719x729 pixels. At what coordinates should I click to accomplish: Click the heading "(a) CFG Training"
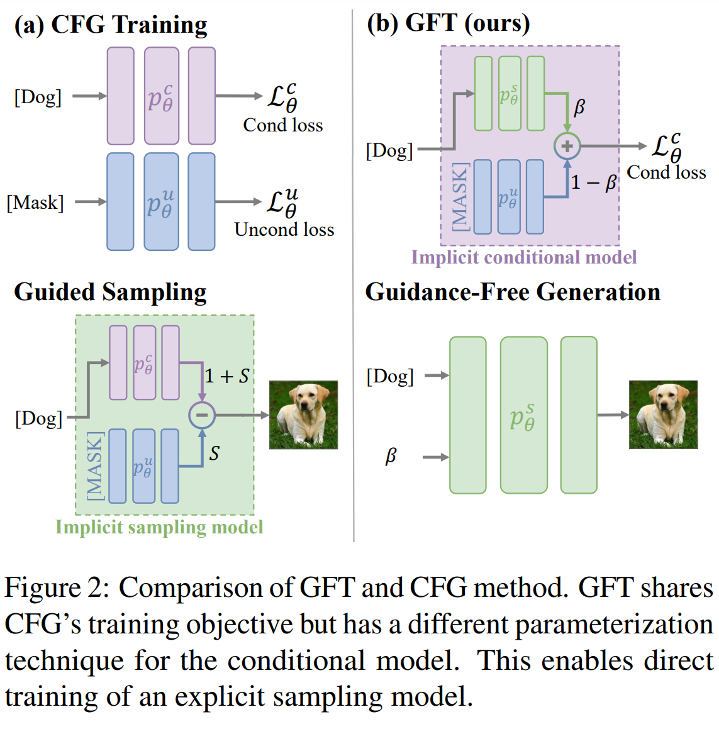pos(111,25)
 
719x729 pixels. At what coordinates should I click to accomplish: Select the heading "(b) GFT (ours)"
pos(449,23)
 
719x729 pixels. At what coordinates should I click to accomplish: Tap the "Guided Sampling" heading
pos(110,292)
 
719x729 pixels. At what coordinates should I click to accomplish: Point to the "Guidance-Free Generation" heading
pos(513,292)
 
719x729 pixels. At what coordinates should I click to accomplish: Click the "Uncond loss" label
pos(284,230)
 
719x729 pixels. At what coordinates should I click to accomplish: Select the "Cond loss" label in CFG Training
pos(283,125)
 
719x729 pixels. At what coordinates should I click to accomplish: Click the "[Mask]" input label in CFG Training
pos(35,203)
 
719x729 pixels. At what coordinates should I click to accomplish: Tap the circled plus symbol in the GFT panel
pos(567,147)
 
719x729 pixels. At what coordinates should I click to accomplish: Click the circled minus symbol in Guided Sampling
pos(202,415)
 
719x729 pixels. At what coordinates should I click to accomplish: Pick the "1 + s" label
pos(227,376)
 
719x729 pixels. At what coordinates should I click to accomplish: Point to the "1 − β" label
pos(594,182)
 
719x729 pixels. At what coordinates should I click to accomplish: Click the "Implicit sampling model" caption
pos(159,527)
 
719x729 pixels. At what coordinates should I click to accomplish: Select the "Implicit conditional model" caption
pos(523,257)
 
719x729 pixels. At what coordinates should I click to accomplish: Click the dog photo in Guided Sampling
pos(303,415)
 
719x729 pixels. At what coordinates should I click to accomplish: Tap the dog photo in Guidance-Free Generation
pos(663,415)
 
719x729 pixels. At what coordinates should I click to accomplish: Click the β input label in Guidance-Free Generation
pos(391,455)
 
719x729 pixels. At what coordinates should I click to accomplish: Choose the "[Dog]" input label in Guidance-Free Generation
pos(390,377)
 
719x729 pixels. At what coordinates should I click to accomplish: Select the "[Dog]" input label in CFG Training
pos(38,97)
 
